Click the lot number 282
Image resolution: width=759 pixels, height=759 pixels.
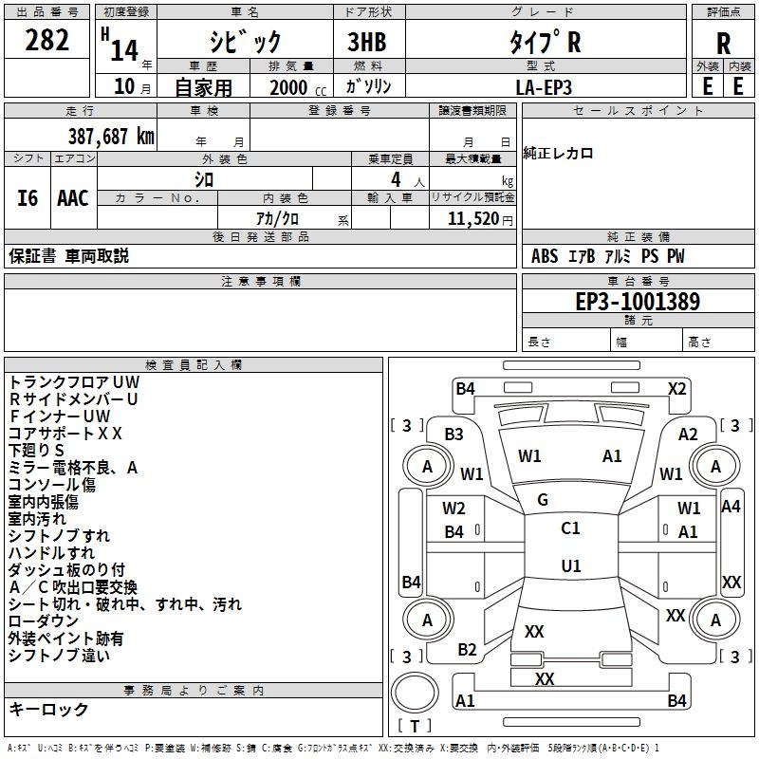47,41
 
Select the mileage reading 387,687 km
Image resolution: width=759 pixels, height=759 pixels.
110,136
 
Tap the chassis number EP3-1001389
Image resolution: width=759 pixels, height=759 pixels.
639,302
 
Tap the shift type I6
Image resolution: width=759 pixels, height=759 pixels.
28,197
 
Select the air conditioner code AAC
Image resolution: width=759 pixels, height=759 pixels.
72,197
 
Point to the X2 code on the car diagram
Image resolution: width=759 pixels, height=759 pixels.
676,388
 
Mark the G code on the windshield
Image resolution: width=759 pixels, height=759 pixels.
543,500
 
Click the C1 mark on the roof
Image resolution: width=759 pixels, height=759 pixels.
570,528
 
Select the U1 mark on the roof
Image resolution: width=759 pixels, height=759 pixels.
570,566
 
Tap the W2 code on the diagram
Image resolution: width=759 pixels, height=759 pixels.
454,509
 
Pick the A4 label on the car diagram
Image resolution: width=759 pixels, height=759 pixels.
731,507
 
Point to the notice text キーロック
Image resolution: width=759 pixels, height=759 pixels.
48,709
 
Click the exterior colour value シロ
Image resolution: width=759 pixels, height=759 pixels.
204,178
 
